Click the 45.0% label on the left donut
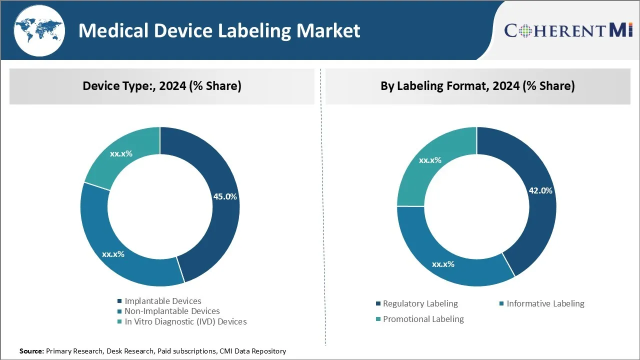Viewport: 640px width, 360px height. coord(225,196)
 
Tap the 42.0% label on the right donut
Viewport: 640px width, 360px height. coord(540,190)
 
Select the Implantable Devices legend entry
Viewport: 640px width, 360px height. coord(162,301)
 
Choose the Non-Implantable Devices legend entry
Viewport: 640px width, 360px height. coord(172,311)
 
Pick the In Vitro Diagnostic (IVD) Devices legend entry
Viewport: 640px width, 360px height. coord(185,321)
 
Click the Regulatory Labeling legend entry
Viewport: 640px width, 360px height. coord(420,303)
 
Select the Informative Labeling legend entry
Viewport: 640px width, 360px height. coord(545,303)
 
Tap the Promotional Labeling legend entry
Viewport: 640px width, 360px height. coord(423,319)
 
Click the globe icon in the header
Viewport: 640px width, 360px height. coord(39,30)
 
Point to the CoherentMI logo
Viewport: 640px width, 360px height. coord(568,30)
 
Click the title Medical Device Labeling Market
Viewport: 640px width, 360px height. coord(219,31)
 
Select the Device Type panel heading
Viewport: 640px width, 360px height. coord(162,86)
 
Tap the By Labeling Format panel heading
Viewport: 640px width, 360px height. coord(477,86)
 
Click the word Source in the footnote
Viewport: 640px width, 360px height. coord(31,351)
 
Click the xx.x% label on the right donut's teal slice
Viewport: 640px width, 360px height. coord(430,160)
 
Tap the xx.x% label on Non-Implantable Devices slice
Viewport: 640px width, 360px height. coord(113,254)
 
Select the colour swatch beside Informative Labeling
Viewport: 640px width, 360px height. coord(501,303)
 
